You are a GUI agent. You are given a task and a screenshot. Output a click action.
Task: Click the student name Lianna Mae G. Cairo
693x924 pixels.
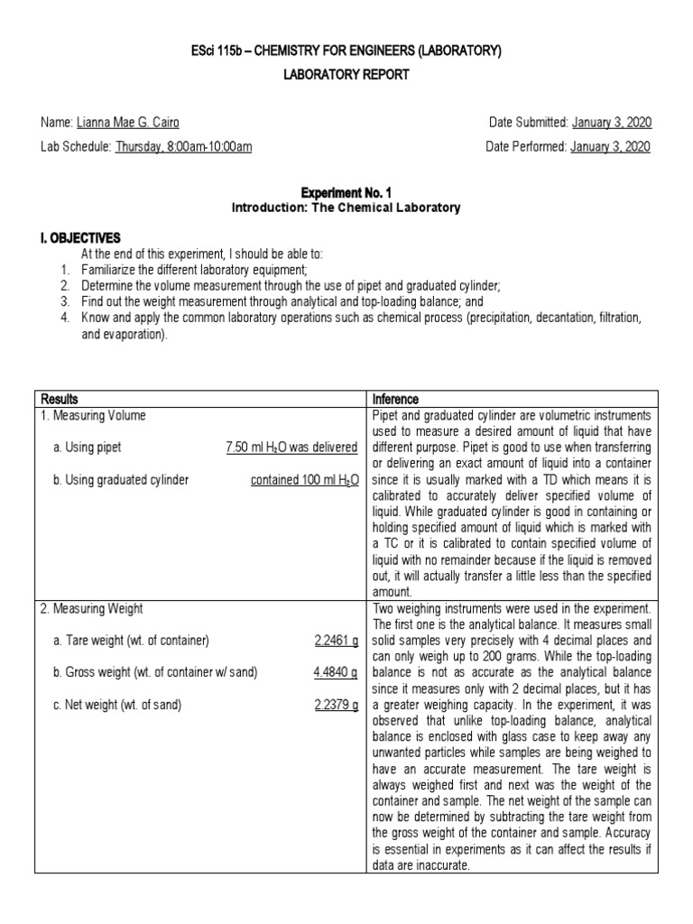[141, 123]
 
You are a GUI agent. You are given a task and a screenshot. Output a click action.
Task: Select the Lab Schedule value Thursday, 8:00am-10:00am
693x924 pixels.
[183, 147]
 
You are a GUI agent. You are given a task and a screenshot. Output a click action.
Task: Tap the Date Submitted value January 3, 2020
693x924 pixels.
[611, 123]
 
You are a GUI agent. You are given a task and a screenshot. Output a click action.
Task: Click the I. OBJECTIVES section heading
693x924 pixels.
[80, 238]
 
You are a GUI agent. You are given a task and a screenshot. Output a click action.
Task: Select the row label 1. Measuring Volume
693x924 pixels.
[87, 415]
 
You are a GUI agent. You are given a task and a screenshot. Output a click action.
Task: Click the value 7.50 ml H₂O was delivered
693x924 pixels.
[292, 448]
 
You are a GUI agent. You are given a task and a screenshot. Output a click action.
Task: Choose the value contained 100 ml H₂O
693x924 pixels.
[305, 480]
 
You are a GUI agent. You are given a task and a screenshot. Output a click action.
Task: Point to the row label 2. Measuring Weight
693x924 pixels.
[87, 609]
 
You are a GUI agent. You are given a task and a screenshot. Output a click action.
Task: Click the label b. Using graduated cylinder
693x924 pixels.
[121, 480]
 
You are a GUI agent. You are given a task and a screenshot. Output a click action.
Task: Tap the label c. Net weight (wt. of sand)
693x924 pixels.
[118, 706]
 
